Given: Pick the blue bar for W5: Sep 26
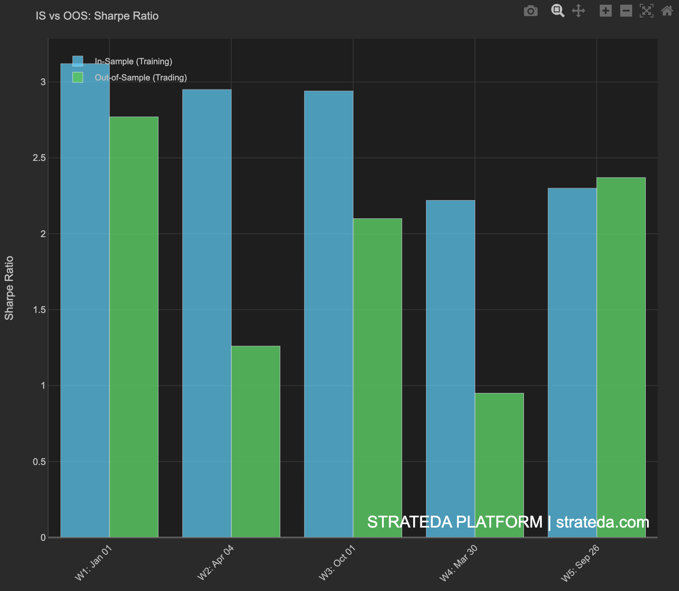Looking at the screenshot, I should coord(572,362).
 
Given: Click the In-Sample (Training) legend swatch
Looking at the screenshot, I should coord(78,61).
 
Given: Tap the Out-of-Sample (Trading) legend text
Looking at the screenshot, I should coord(141,77).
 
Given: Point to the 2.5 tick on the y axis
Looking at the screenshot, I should coord(39,158).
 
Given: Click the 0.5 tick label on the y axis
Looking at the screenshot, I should coord(39,462).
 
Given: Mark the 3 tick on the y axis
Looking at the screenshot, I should coord(43,82).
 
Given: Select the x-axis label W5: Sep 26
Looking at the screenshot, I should coord(580,563).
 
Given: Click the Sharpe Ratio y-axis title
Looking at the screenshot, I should coord(9,288).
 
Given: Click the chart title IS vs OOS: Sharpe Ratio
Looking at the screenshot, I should coord(97,16).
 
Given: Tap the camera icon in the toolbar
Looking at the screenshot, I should coord(530,11).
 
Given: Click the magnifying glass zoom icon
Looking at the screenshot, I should coord(558,11).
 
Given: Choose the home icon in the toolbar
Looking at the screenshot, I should coord(667,11).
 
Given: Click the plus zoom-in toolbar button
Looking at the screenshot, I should coord(605,11).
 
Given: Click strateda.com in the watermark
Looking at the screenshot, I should coord(602,522).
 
